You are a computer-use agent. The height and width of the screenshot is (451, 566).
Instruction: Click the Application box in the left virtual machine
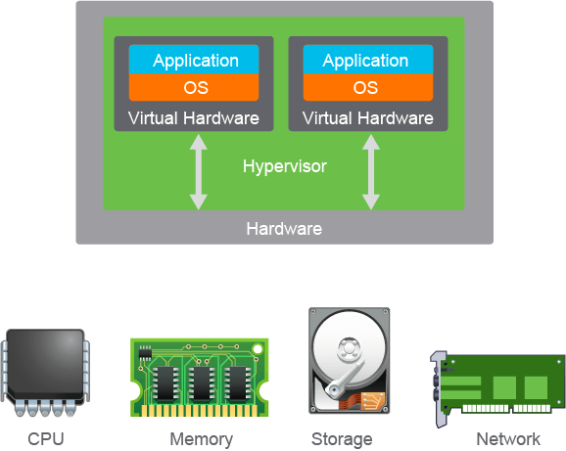click(x=194, y=60)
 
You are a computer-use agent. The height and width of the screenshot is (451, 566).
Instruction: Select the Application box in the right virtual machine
click(x=368, y=60)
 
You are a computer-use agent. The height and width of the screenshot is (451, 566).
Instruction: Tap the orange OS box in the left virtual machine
click(x=194, y=87)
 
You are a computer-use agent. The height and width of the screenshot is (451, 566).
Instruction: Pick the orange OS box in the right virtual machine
click(x=368, y=87)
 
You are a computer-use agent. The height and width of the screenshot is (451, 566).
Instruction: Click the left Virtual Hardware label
click(x=194, y=118)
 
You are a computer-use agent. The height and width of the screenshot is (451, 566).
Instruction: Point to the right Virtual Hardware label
click(x=368, y=118)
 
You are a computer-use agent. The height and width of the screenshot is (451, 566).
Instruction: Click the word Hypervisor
click(x=285, y=167)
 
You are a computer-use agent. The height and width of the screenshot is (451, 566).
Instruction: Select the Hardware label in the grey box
click(x=284, y=229)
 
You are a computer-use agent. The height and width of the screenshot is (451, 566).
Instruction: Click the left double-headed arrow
click(x=199, y=172)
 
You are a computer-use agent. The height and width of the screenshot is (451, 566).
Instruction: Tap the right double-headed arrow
click(x=371, y=172)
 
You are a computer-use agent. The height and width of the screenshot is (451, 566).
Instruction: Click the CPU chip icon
click(x=45, y=373)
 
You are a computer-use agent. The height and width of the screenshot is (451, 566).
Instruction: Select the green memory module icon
click(x=199, y=377)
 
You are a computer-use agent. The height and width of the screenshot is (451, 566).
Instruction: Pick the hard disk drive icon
click(x=350, y=360)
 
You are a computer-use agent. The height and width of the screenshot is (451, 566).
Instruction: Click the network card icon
click(x=497, y=388)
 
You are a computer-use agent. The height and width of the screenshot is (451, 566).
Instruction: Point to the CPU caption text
click(x=46, y=439)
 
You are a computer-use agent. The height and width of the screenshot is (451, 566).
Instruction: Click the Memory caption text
click(x=202, y=439)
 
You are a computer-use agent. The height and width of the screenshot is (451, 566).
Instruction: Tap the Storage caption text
click(x=342, y=439)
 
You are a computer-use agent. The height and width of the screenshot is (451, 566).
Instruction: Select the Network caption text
click(x=508, y=439)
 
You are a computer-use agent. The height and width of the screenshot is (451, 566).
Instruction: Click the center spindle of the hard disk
click(x=349, y=348)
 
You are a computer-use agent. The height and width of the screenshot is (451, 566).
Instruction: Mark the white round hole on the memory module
click(x=258, y=349)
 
